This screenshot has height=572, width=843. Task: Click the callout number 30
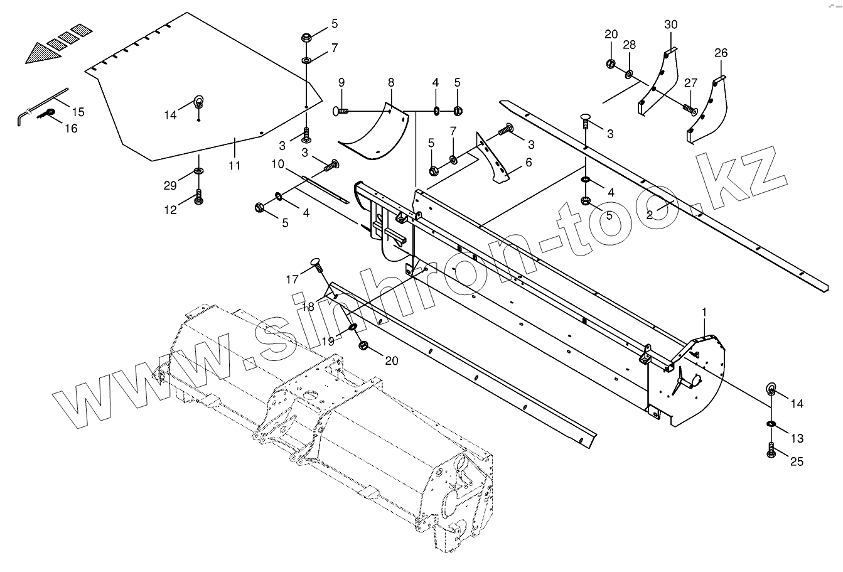(x=671, y=24)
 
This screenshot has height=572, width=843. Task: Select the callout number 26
(x=721, y=53)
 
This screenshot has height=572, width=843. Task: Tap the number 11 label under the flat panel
(x=234, y=166)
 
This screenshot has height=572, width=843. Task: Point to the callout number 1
(x=704, y=312)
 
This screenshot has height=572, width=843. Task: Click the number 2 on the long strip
(x=650, y=215)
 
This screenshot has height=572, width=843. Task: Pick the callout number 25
(x=797, y=462)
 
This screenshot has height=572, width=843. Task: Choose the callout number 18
(x=308, y=306)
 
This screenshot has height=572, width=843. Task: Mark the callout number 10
(x=278, y=165)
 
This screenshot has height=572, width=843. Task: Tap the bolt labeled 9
(x=343, y=112)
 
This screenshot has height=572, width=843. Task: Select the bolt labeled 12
(x=199, y=198)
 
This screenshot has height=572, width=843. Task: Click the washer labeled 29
(x=198, y=171)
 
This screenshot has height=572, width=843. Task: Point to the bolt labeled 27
(x=689, y=111)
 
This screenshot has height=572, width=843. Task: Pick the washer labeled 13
(x=771, y=425)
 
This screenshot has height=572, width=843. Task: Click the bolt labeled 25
(x=771, y=450)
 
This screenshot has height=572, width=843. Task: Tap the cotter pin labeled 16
(x=47, y=113)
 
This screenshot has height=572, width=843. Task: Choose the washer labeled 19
(x=353, y=327)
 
